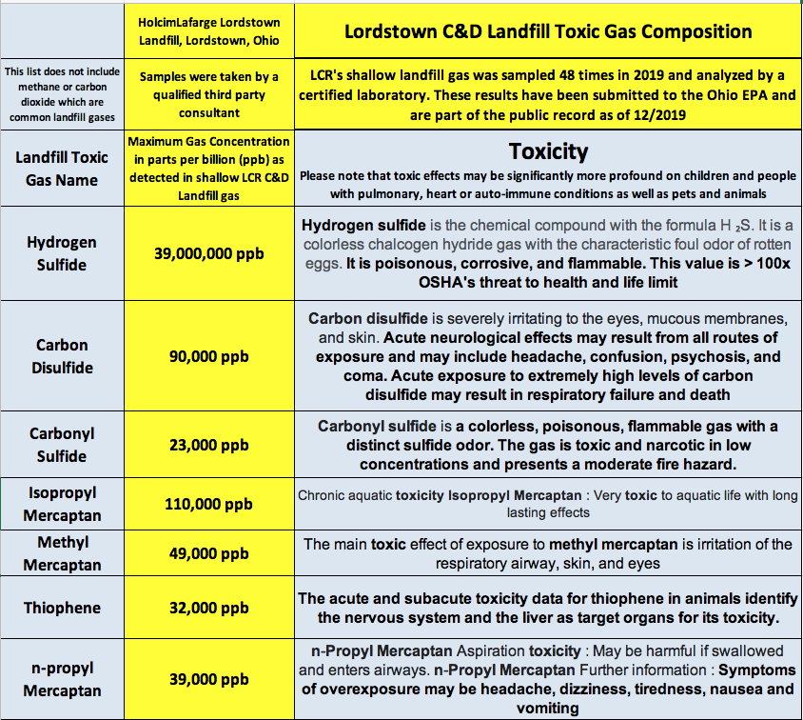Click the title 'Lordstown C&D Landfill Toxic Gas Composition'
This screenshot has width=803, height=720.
pyautogui.click(x=548, y=31)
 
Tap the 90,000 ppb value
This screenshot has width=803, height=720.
pyautogui.click(x=208, y=356)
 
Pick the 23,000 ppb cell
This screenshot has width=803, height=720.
pyautogui.click(x=208, y=445)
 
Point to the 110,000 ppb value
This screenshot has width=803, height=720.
pyautogui.click(x=208, y=505)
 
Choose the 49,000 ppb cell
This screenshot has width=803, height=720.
pyautogui.click(x=208, y=553)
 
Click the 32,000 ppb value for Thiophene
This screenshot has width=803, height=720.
pyautogui.click(x=208, y=608)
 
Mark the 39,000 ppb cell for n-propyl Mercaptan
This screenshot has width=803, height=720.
pyautogui.click(x=208, y=679)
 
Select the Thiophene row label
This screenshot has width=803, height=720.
pyautogui.click(x=62, y=608)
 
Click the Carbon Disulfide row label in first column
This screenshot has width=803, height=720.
pyautogui.click(x=62, y=356)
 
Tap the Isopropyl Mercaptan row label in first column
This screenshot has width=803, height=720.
pyautogui.click(x=62, y=505)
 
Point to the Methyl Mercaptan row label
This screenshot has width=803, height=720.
pyautogui.click(x=62, y=553)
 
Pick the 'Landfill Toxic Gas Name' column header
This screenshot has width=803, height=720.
pyautogui.click(x=62, y=169)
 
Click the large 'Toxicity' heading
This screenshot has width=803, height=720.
pyautogui.click(x=548, y=151)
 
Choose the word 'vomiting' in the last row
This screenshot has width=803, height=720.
pyautogui.click(x=548, y=708)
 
